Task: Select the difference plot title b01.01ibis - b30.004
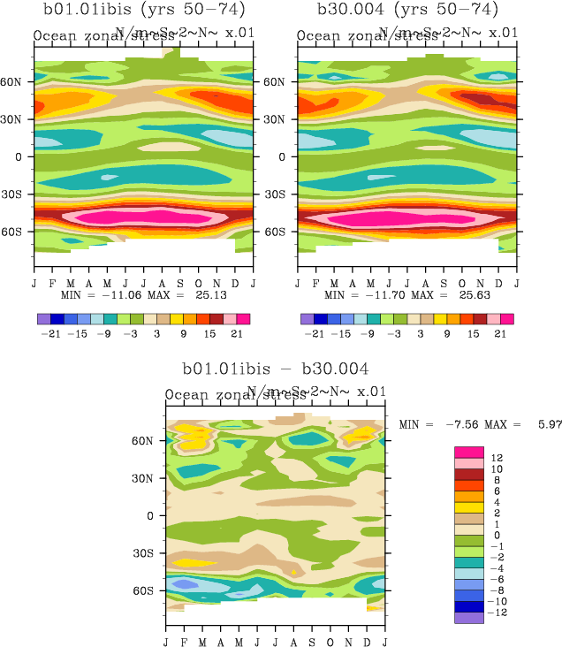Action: point(276,369)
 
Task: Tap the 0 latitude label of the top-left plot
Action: point(19,156)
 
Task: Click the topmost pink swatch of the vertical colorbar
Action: point(467,453)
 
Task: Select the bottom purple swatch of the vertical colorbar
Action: point(467,618)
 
